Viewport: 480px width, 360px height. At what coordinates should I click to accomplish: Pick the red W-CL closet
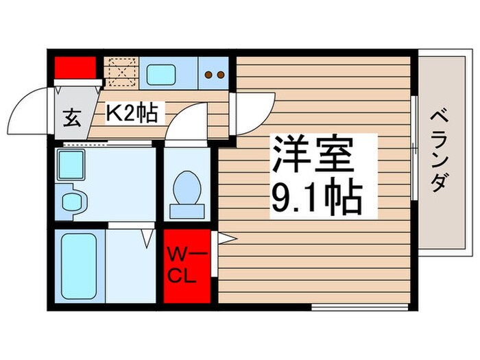(x=187, y=267)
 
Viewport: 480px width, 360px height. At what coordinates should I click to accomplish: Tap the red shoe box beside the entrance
(x=74, y=67)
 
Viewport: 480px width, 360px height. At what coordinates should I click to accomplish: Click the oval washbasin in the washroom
(x=73, y=202)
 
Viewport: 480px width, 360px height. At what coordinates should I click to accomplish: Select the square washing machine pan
(x=71, y=165)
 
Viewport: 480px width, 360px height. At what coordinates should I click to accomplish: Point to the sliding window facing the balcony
(x=413, y=148)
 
